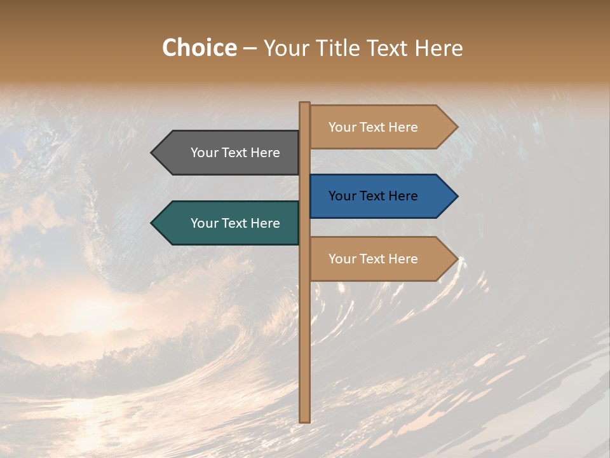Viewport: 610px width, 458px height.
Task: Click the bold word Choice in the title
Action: tap(199, 48)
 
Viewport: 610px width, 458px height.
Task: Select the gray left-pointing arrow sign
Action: tap(229, 153)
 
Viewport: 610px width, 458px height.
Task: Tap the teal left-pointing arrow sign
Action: tap(229, 223)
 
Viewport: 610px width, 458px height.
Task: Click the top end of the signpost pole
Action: tap(304, 104)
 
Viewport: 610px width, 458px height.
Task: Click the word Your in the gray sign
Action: tap(205, 153)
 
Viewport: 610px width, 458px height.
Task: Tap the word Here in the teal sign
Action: tap(265, 223)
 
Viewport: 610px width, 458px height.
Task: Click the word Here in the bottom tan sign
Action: tap(403, 259)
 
